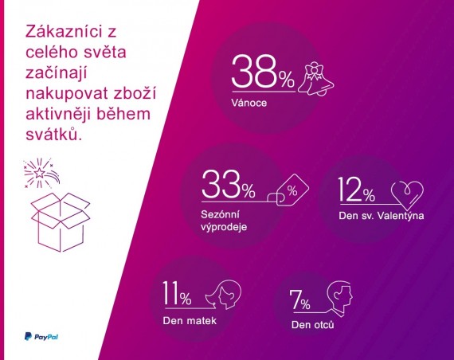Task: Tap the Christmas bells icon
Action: (316, 80)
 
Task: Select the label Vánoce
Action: (249, 103)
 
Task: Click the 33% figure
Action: (229, 185)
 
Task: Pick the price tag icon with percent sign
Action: (288, 190)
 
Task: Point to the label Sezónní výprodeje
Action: (224, 221)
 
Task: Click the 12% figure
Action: (356, 190)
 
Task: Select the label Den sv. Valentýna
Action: (382, 216)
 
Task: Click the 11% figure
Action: (177, 293)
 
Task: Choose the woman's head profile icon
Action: (224, 295)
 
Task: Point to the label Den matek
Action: (190, 321)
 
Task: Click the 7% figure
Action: (300, 299)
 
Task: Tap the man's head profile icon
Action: (339, 297)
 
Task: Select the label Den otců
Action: (313, 324)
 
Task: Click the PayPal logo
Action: (41, 336)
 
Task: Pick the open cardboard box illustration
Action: (61, 222)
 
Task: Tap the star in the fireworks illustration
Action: (39, 173)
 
